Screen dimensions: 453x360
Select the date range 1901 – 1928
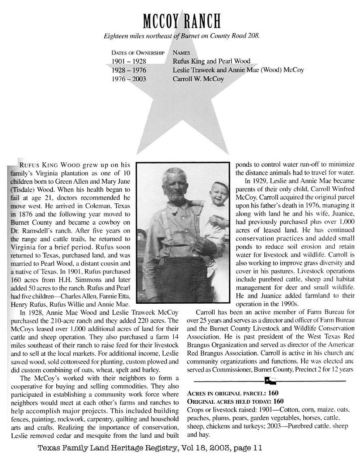click(x=129, y=61)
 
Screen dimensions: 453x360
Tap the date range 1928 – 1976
click(x=129, y=70)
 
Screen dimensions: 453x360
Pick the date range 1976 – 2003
click(x=129, y=79)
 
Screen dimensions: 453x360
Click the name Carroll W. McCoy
click(x=198, y=79)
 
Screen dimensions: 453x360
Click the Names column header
click(x=182, y=52)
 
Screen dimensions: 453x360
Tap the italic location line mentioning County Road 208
click(x=182, y=36)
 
